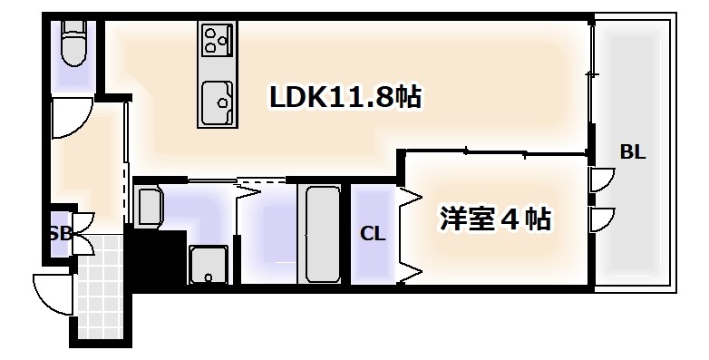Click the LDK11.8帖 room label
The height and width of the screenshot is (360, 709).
tap(345, 98)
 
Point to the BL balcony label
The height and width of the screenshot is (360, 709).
tap(632, 152)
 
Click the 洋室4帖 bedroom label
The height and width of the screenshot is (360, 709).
tap(495, 219)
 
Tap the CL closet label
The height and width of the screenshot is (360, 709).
tap(373, 234)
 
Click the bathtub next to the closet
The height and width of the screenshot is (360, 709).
tap(321, 234)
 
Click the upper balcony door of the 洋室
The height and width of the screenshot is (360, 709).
tap(600, 180)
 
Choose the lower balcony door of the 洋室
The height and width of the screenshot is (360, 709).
tap(600, 219)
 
